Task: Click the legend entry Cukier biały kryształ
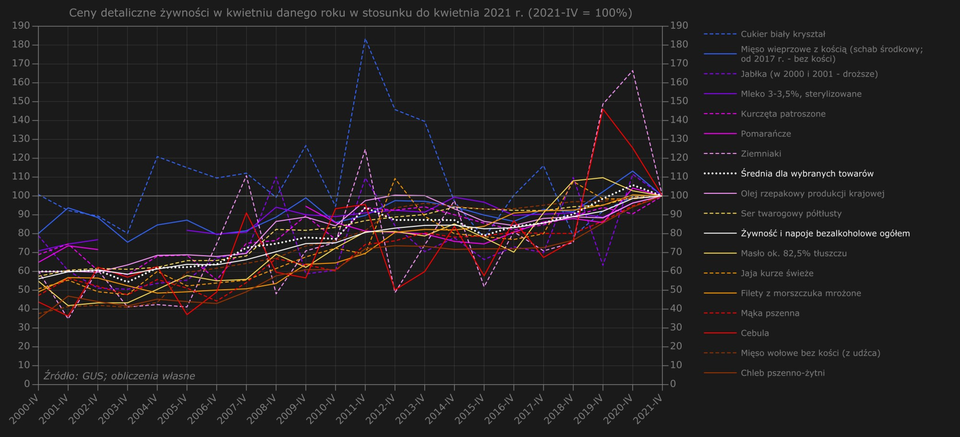782,34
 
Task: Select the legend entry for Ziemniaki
761,154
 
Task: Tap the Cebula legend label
755,333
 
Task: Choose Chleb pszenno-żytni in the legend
782,373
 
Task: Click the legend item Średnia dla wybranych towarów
807,174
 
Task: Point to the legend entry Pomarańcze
766,134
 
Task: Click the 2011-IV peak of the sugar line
365,39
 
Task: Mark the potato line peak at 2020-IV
633,71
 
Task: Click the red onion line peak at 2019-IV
603,109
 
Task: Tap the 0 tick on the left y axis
27,384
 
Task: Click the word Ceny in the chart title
83,13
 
